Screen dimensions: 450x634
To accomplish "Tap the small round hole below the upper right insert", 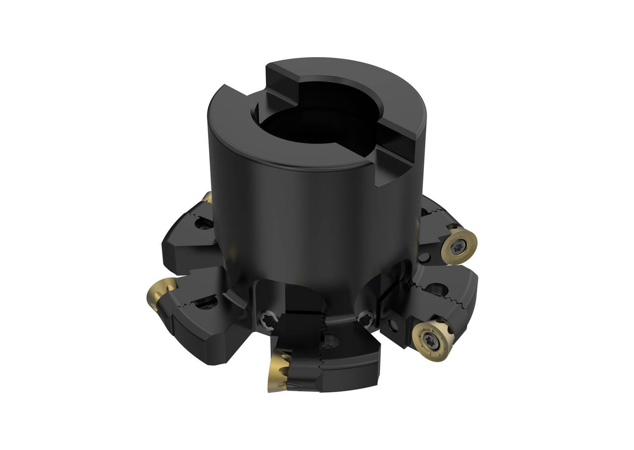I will click(426, 257).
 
